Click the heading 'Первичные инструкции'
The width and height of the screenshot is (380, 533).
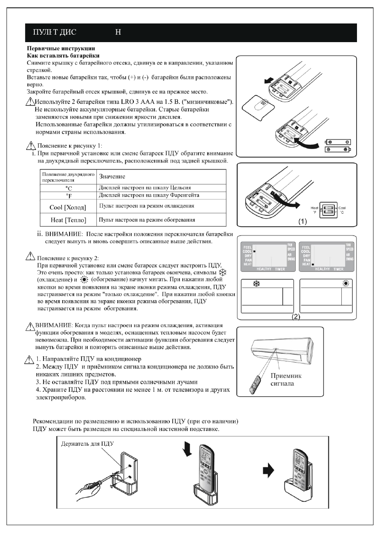62,47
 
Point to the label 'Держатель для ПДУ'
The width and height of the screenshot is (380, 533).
86,444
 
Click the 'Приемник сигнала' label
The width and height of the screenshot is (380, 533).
286,379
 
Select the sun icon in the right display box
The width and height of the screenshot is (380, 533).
347,283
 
